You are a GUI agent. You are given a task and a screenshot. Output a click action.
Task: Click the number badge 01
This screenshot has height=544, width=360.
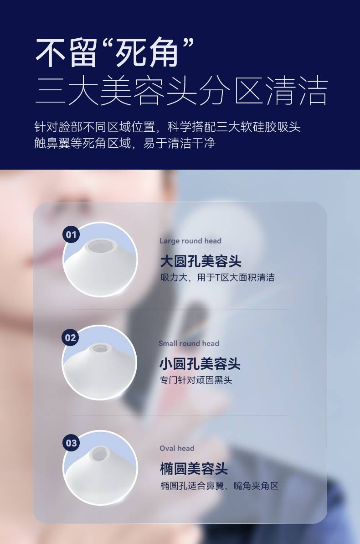71,234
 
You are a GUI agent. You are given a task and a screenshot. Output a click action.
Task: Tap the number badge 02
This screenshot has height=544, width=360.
70,337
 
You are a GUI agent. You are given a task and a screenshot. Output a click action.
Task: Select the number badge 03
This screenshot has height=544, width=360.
71,443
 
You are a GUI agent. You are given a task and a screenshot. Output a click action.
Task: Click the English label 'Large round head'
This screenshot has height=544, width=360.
190,241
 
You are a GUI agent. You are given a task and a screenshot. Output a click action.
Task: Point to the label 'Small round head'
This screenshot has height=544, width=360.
189,343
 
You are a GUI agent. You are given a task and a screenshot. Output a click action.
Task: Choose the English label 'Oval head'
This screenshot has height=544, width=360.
177,448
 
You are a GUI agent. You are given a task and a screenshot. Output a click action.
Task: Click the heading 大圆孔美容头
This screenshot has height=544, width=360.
201,261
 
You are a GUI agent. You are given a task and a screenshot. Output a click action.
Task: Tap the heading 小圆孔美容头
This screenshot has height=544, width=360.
200,364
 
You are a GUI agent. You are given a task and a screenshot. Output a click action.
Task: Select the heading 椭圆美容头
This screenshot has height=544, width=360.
194,469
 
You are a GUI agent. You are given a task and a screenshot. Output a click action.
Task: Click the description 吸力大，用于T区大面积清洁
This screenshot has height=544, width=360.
217,278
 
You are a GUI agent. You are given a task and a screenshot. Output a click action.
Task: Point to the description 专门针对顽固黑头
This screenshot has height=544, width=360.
195,380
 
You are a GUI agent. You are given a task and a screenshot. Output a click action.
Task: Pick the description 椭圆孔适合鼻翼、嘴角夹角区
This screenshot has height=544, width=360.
220,486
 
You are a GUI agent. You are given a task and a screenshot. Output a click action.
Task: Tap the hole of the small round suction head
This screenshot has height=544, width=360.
100,348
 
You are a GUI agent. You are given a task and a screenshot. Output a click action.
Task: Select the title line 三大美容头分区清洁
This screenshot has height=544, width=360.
182,91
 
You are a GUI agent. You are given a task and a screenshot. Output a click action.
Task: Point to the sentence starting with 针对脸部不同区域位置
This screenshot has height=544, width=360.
167,127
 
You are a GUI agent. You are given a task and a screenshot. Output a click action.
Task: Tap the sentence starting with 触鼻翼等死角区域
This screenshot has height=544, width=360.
125,143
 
